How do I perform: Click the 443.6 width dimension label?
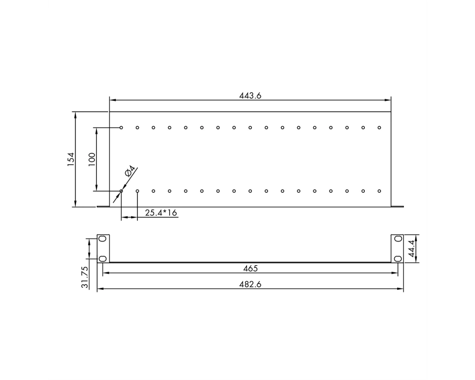coord(250,95)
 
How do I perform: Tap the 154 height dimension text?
coord(71,159)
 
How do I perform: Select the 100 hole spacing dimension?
coord(92,159)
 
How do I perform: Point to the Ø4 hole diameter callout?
coord(130,171)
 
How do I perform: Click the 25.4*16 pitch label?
coord(161,213)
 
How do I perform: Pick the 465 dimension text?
coord(250,268)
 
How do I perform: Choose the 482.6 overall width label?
coord(250,284)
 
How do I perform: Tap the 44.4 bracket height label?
coord(411,248)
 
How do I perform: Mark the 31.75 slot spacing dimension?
coord(85,277)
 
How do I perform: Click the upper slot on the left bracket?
coord(103,239)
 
